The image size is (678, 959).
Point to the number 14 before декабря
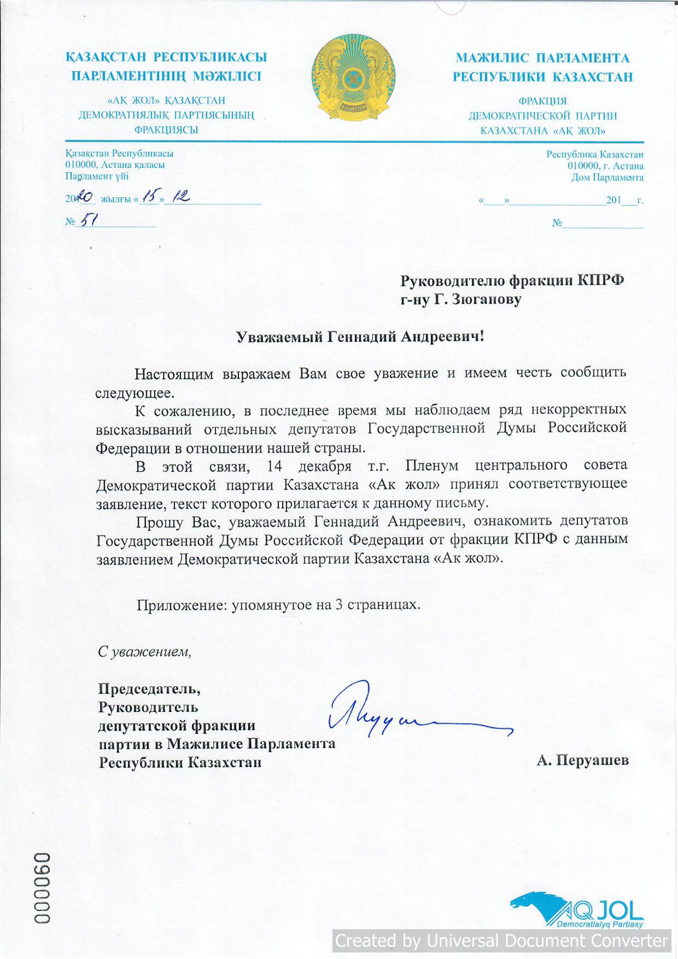click(275, 466)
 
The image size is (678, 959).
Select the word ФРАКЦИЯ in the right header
click(542, 101)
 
